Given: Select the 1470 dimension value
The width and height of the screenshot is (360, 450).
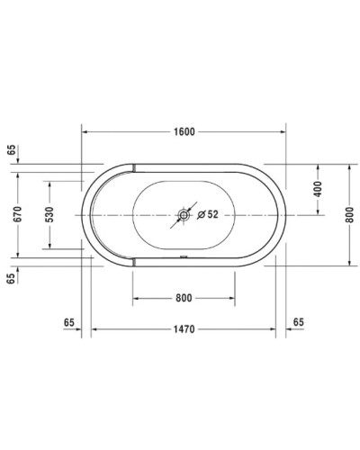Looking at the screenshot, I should [184, 330].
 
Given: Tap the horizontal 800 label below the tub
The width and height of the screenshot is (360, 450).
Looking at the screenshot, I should [184, 298].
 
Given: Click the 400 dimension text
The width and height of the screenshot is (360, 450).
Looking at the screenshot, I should [318, 190].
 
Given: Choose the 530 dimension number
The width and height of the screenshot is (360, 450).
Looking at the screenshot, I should [50, 214].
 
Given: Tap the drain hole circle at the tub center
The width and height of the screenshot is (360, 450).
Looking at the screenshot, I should [184, 215].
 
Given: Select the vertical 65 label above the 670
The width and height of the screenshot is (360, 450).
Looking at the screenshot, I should [11, 150].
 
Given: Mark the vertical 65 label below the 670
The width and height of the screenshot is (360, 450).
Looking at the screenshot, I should [11, 279].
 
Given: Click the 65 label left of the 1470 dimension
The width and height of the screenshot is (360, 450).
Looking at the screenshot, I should [70, 321].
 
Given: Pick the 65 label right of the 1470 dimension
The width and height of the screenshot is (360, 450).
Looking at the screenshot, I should [298, 321].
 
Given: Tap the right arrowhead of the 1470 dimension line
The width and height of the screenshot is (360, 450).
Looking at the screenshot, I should [274, 330].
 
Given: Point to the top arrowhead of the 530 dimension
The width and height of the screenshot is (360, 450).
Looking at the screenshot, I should [50, 184].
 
